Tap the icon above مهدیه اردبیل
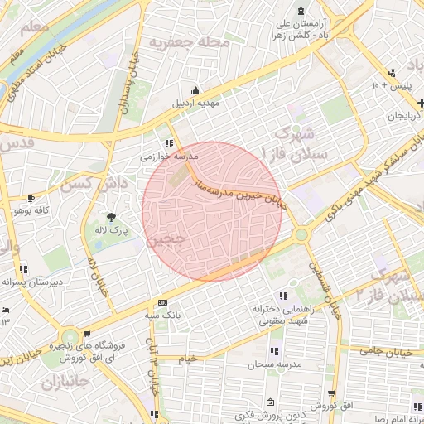195,91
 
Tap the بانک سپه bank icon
162,303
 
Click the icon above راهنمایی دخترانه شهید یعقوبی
284,295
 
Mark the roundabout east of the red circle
301,235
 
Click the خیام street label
188,358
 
